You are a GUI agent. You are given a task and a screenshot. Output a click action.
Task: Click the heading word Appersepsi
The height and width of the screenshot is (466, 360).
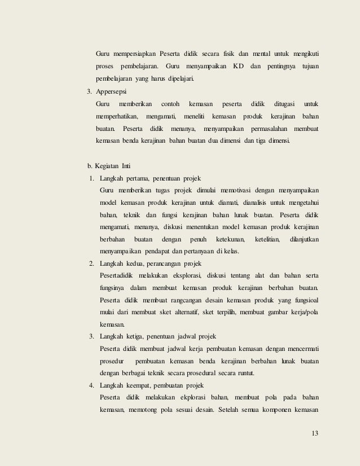click(111, 91)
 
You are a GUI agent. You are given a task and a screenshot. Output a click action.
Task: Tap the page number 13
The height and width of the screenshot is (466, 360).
click(315, 433)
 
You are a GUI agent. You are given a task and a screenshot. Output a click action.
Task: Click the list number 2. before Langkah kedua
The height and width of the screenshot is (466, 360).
click(92, 263)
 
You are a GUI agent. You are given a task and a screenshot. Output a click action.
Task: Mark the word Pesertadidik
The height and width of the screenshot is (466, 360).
click(117, 276)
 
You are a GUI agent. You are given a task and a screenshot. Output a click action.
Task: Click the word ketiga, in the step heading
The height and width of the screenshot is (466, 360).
click(138, 337)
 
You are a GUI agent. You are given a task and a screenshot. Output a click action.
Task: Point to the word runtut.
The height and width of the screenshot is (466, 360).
click(243, 373)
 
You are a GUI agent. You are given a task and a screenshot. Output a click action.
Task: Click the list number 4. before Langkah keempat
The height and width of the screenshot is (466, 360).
click(92, 386)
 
